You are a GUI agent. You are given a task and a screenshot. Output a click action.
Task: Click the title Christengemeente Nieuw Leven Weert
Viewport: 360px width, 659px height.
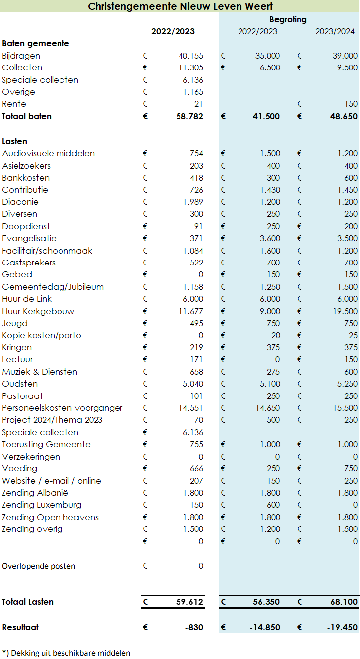tap(180, 6)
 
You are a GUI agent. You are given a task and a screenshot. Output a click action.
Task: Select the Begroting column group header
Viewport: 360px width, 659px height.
tap(288, 20)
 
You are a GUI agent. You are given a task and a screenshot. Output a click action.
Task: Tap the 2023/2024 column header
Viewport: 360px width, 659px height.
tap(335, 31)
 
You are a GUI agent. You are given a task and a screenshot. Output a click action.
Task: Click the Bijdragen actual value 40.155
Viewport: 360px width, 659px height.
tap(191, 56)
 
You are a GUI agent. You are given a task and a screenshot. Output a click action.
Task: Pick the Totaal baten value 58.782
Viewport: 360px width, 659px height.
tap(190, 116)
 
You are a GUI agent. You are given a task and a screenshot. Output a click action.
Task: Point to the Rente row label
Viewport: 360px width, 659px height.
tap(14, 104)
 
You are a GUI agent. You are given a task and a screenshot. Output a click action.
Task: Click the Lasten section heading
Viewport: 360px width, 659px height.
tap(15, 141)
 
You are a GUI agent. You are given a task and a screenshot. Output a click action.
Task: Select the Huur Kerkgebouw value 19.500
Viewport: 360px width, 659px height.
tap(345, 311)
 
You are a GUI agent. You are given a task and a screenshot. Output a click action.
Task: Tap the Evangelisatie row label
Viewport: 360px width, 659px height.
tap(29, 238)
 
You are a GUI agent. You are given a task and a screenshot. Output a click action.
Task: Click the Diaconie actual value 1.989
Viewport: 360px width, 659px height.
tap(193, 202)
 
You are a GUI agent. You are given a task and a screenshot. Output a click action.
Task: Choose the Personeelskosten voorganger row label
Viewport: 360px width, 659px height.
tap(62, 408)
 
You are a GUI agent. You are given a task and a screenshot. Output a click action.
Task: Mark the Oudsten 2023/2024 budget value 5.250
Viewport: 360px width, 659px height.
tap(348, 384)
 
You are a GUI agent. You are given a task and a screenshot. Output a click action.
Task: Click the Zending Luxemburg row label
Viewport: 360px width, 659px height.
tap(42, 505)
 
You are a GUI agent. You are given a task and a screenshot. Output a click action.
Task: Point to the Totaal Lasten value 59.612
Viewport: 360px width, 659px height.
tap(190, 602)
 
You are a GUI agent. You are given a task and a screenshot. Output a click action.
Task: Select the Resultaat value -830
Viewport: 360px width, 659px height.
tap(194, 627)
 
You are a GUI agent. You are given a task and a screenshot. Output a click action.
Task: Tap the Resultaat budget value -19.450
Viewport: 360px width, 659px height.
tap(342, 627)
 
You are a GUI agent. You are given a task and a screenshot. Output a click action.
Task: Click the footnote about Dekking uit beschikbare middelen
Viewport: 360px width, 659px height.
tap(66, 653)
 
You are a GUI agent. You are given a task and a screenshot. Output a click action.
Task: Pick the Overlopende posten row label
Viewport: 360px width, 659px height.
tap(39, 566)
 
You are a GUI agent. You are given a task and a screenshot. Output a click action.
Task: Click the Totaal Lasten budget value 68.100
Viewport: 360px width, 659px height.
tap(344, 602)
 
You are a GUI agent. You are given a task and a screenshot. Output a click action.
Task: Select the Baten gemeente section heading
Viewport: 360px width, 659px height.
tap(36, 44)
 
